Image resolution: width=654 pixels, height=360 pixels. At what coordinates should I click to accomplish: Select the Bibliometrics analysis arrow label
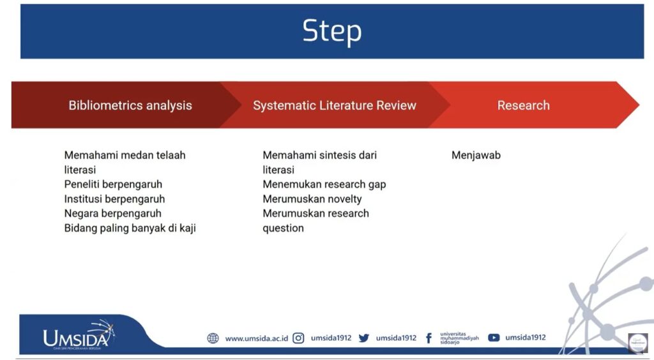(130, 105)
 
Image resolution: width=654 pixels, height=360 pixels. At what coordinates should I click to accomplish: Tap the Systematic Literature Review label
(335, 105)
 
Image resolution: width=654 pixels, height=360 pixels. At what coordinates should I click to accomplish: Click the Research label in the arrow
(524, 105)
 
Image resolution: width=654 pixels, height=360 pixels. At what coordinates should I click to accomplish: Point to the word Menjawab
(476, 155)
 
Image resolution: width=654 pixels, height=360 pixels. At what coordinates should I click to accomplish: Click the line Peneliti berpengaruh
(113, 184)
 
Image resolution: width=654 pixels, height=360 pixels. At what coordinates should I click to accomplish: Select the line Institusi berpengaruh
(114, 199)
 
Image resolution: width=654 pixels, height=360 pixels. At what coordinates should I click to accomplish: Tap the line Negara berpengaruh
(112, 213)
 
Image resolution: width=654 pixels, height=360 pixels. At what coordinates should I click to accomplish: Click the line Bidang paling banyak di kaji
(130, 229)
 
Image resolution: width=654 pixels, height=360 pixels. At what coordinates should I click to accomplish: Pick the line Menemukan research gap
(324, 184)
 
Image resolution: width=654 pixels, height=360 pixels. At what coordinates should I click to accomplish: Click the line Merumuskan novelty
(312, 199)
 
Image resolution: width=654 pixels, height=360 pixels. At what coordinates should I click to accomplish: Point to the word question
(283, 229)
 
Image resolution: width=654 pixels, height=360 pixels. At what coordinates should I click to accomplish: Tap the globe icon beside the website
(213, 338)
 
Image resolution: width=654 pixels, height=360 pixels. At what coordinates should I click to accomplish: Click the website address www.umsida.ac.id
(257, 338)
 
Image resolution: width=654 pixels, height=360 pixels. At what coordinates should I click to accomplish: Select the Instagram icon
(298, 338)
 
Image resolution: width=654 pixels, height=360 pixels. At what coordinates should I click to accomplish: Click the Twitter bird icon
(363, 338)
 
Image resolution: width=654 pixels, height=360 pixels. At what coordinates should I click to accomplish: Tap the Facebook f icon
(429, 338)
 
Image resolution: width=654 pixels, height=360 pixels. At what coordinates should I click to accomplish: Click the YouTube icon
(494, 338)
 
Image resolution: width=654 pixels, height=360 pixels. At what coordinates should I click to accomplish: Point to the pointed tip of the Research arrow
(639, 105)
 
